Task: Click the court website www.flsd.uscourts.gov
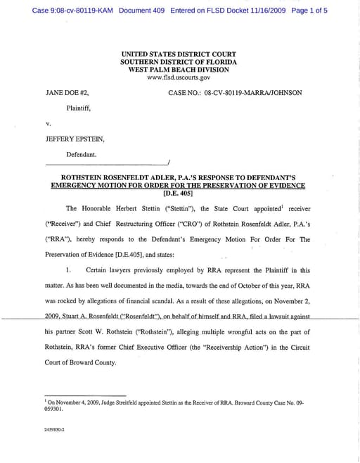(179, 77)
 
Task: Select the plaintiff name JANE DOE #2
(67, 92)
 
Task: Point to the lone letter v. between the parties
(49, 123)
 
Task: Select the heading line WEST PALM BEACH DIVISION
(179, 69)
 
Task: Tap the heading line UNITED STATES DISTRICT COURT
(179, 53)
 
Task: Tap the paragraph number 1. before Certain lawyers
(69, 270)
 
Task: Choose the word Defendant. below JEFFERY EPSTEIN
(82, 154)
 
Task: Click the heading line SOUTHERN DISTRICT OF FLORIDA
(179, 61)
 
